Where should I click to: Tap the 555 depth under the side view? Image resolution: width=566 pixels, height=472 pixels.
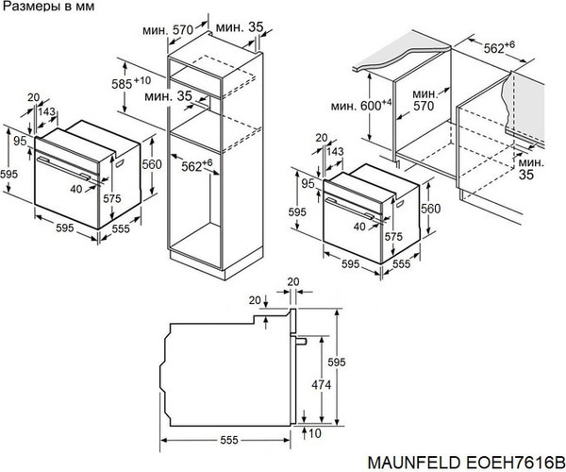[x=225, y=441]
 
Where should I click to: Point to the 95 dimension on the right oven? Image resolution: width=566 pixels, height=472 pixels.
[x=308, y=181]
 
